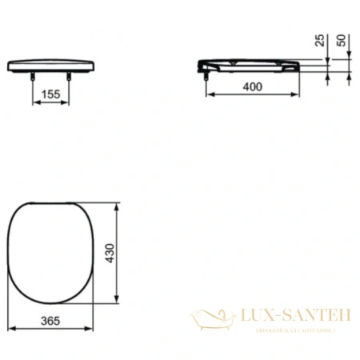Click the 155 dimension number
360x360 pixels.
pyautogui.click(x=50, y=94)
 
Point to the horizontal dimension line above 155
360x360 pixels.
pyautogui.click(x=50, y=102)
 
